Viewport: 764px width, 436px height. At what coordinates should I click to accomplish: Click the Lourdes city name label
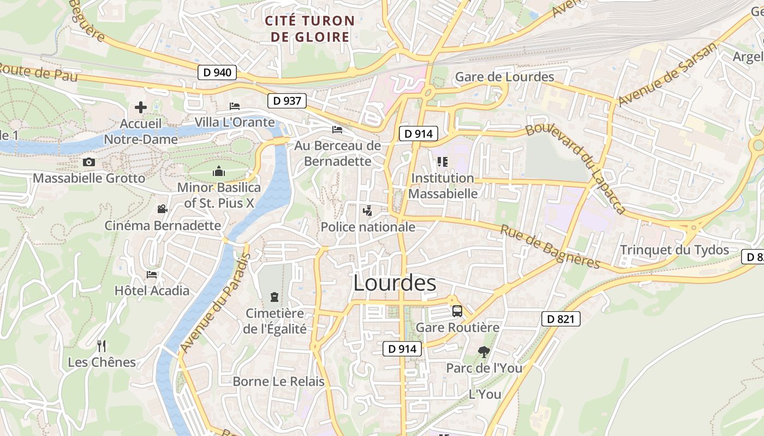pos(395,283)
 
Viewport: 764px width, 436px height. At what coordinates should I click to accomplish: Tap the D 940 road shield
pos(217,72)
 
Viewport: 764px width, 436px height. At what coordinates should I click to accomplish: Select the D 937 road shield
pos(287,100)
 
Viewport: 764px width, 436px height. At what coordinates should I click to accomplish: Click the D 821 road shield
pos(560,319)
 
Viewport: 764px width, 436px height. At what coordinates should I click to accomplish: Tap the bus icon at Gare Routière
pos(457,311)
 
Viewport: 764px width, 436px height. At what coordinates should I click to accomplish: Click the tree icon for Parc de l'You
pos(484,352)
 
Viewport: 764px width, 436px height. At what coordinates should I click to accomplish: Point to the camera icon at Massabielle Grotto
pos(89,162)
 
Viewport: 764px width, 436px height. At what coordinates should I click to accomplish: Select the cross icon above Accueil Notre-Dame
pos(141,107)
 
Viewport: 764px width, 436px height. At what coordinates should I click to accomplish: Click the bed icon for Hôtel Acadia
pos(152,274)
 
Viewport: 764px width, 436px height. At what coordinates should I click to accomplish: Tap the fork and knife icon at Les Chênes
pos(101,346)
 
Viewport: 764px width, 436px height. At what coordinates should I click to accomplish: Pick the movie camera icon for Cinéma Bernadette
pos(162,209)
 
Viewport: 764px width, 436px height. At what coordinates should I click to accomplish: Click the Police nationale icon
pos(368,210)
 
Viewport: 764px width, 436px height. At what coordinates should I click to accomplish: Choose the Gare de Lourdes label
pos(504,77)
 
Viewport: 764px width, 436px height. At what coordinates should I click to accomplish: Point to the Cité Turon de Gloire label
pos(310,29)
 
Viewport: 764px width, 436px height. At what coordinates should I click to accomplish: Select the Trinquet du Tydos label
pos(675,250)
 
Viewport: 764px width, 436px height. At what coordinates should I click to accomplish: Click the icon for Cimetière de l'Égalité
pos(274,297)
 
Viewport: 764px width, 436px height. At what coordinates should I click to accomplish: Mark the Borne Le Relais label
pos(278,381)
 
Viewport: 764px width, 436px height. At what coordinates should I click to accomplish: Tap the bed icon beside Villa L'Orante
pos(235,106)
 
